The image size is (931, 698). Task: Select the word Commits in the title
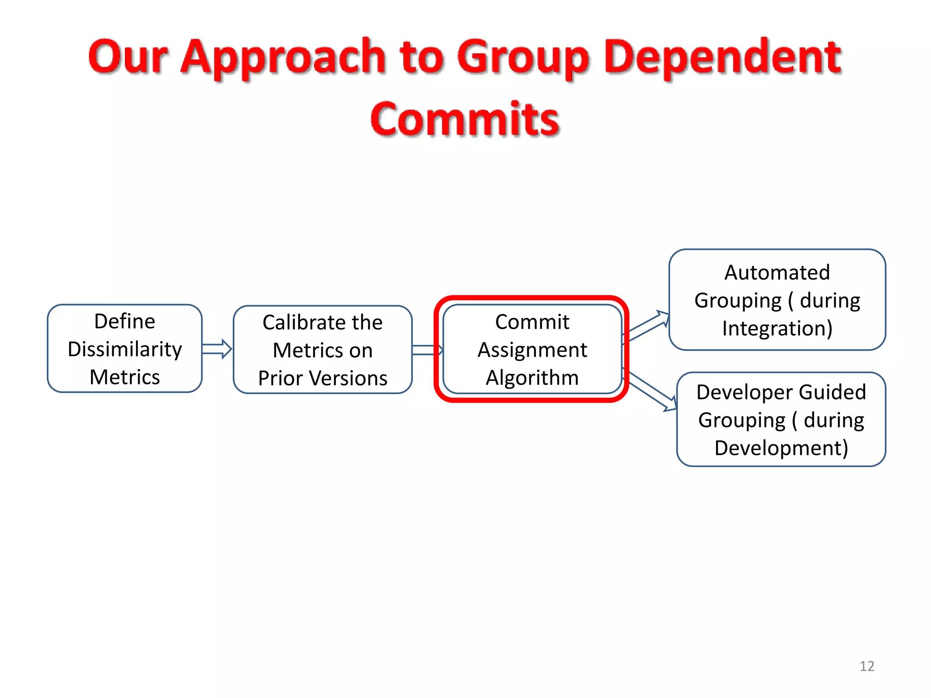(x=465, y=119)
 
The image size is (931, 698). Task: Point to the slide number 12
(x=866, y=666)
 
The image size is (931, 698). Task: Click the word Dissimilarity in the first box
(x=125, y=349)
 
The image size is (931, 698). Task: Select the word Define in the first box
(x=125, y=321)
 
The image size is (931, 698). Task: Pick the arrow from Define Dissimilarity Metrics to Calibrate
(x=217, y=349)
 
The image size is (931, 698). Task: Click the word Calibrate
(x=301, y=323)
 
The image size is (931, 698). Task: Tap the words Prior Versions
(x=322, y=378)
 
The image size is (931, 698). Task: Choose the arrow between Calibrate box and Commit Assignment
(x=427, y=350)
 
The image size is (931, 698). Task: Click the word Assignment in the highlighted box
(x=532, y=350)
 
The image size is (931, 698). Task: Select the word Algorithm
(x=532, y=378)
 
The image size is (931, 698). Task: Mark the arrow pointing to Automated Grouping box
(x=648, y=325)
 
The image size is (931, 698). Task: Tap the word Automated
(x=777, y=273)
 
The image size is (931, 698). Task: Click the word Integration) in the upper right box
(x=777, y=328)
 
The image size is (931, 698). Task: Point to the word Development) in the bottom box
(x=781, y=448)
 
